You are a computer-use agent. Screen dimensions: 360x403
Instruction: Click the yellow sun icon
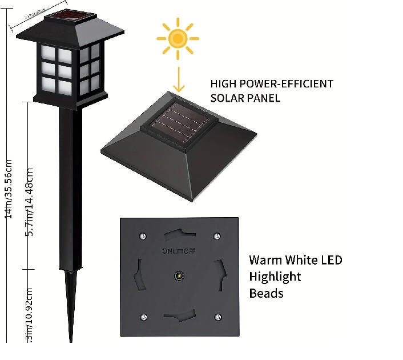[178, 38]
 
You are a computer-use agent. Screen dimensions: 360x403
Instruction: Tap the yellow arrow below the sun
[178, 78]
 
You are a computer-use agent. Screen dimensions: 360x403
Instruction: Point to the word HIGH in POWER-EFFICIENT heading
[223, 83]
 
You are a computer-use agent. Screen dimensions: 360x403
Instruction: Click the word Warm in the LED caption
[265, 260]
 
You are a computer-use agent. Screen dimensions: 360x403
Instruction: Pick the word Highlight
[275, 277]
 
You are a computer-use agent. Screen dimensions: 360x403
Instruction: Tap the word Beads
[266, 293]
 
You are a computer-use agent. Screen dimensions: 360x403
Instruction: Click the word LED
[330, 260]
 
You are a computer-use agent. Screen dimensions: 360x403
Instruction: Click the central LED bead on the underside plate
[179, 276]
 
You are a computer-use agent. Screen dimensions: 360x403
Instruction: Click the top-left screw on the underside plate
[142, 235]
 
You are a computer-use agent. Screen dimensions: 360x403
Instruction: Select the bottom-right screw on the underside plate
[217, 317]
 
